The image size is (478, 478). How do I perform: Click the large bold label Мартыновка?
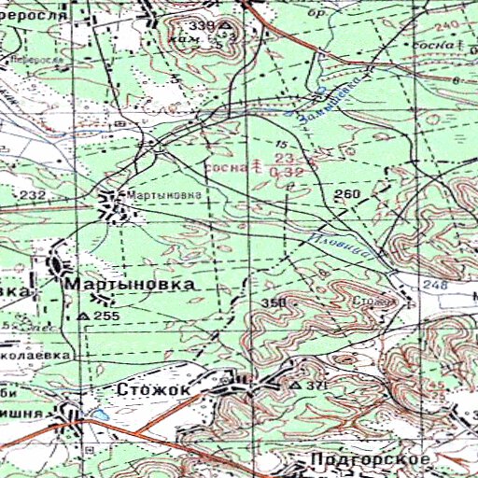(x=130, y=281)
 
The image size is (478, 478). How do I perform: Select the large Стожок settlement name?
(x=153, y=387)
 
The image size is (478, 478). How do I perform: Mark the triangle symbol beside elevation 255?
(x=83, y=317)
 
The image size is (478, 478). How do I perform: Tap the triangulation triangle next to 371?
(x=297, y=385)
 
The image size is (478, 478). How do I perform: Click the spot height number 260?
(x=346, y=194)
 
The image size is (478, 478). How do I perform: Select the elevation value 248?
(x=439, y=285)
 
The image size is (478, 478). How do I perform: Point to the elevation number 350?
(x=273, y=305)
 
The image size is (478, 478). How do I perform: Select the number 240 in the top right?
(x=448, y=25)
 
